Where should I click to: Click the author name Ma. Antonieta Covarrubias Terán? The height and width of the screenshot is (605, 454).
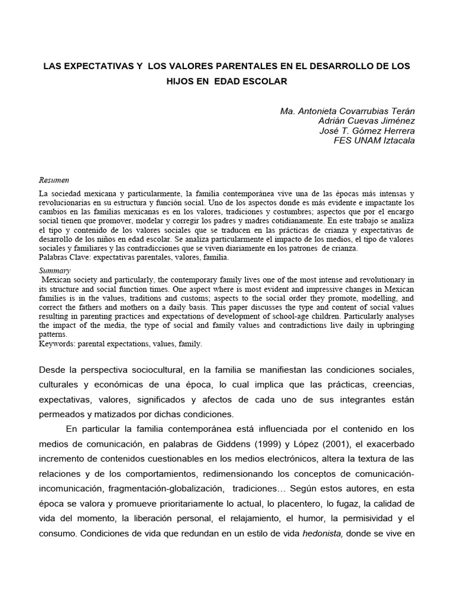point(347,112)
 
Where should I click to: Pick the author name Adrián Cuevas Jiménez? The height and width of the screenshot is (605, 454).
point(367,121)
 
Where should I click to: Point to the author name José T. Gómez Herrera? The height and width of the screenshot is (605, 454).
point(366,131)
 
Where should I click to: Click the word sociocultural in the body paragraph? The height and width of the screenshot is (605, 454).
point(150,369)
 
